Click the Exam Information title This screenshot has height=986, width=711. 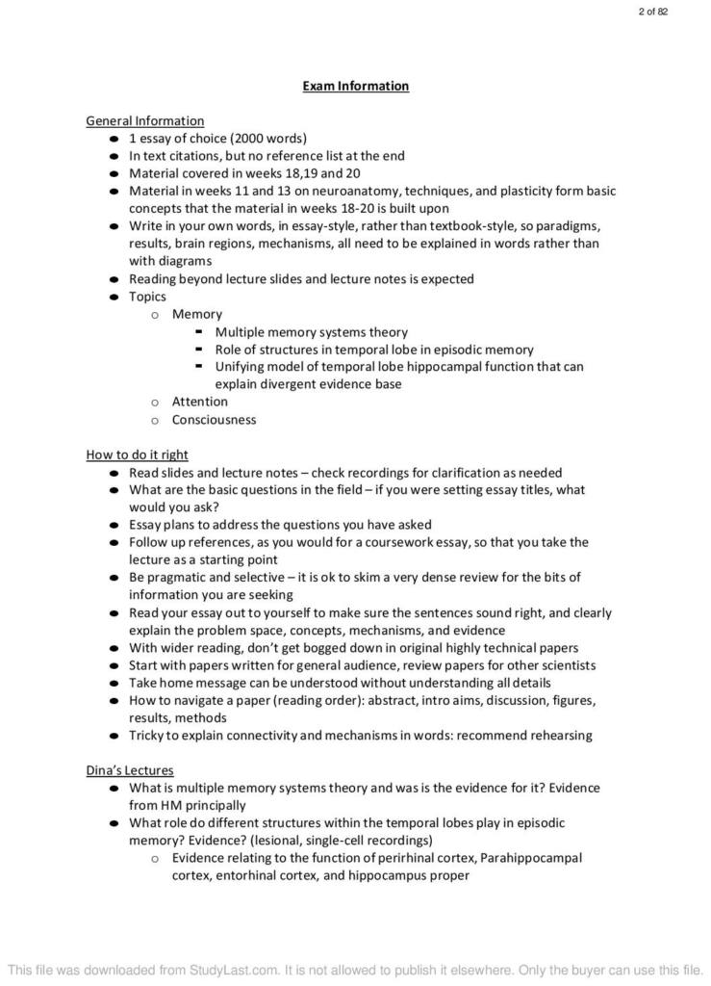[355, 86]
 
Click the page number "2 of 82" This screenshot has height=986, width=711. [652, 12]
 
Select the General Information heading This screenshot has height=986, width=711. [144, 120]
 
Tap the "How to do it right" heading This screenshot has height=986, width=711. [137, 454]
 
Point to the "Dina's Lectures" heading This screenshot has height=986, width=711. [129, 770]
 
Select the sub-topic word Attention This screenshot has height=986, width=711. [199, 402]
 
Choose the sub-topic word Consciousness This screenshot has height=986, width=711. [214, 420]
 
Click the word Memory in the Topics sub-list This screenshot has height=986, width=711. [196, 314]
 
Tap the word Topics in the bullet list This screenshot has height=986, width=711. [147, 297]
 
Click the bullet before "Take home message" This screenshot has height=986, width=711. [115, 683]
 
